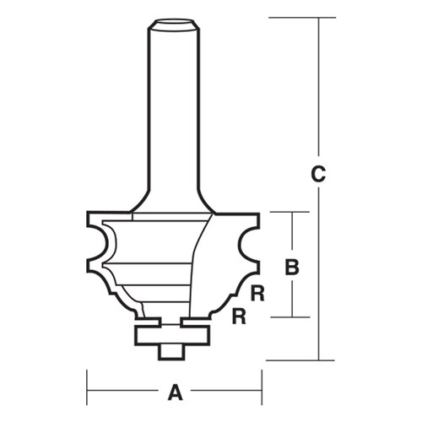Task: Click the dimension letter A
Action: (x=176, y=392)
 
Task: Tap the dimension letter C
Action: (x=317, y=176)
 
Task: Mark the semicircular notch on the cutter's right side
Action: (x=246, y=247)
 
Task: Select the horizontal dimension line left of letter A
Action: (x=127, y=392)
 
